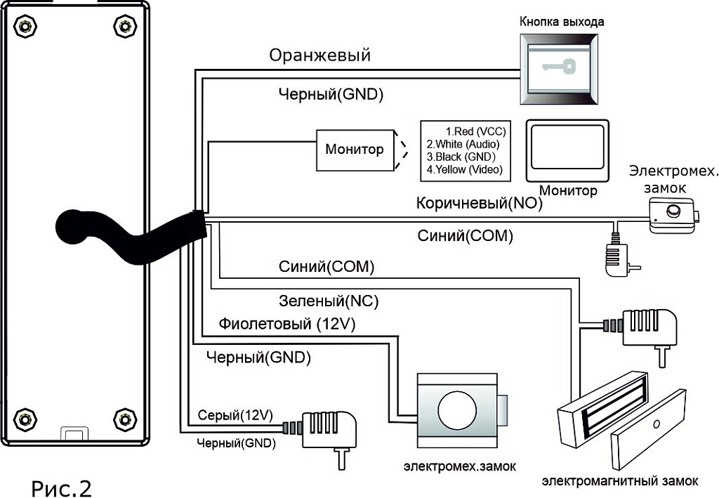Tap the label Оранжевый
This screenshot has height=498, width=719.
click(319, 55)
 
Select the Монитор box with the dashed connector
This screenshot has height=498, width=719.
click(354, 150)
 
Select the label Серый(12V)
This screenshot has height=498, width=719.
click(235, 415)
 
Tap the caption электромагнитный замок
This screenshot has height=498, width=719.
click(620, 481)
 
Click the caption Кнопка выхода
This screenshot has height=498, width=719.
click(561, 22)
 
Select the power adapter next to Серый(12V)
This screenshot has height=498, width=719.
click(326, 429)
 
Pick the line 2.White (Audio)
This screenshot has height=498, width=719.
click(466, 144)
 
